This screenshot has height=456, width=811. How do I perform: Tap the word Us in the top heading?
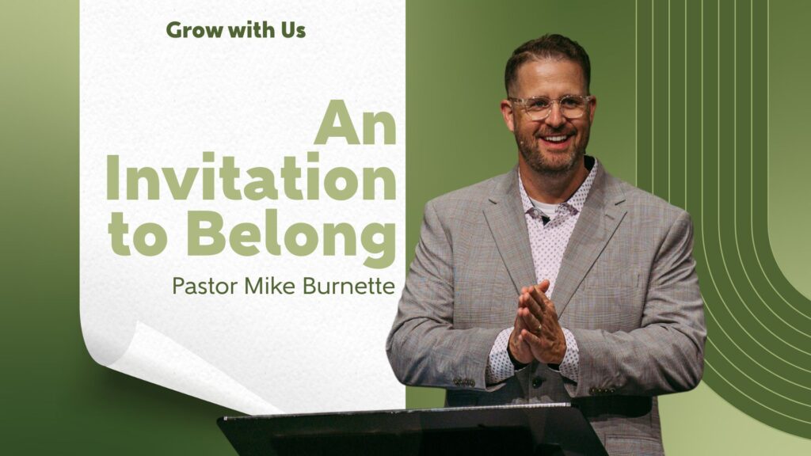tap(293, 30)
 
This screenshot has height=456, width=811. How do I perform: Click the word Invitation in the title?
tap(251, 177)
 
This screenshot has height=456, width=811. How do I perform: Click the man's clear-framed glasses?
tap(550, 106)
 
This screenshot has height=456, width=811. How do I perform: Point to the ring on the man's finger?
tap(539, 327)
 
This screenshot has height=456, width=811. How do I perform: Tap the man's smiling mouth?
tap(554, 139)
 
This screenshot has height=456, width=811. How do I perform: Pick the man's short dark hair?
tap(548, 59)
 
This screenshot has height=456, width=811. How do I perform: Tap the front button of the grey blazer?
tap(538, 382)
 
